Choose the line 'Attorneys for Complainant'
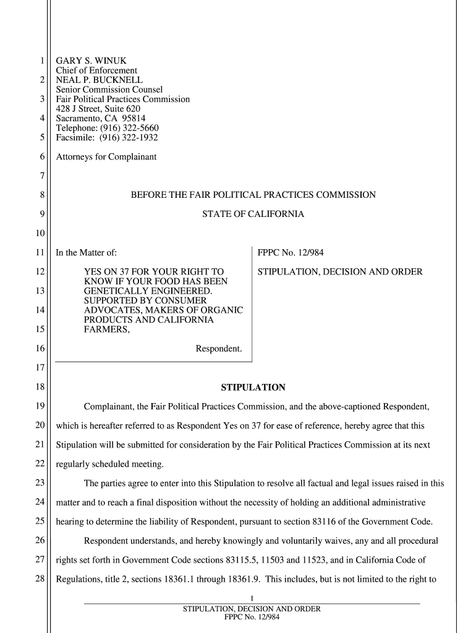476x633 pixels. pos(106,157)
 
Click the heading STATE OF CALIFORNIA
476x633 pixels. pos(253,215)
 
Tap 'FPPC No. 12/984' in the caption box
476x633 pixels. pos(291,253)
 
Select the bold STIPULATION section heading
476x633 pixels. pos(253,388)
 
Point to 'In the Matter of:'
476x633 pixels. pos(86,253)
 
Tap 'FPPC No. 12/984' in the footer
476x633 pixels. pos(252,618)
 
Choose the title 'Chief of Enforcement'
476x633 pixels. pos(96,70)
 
